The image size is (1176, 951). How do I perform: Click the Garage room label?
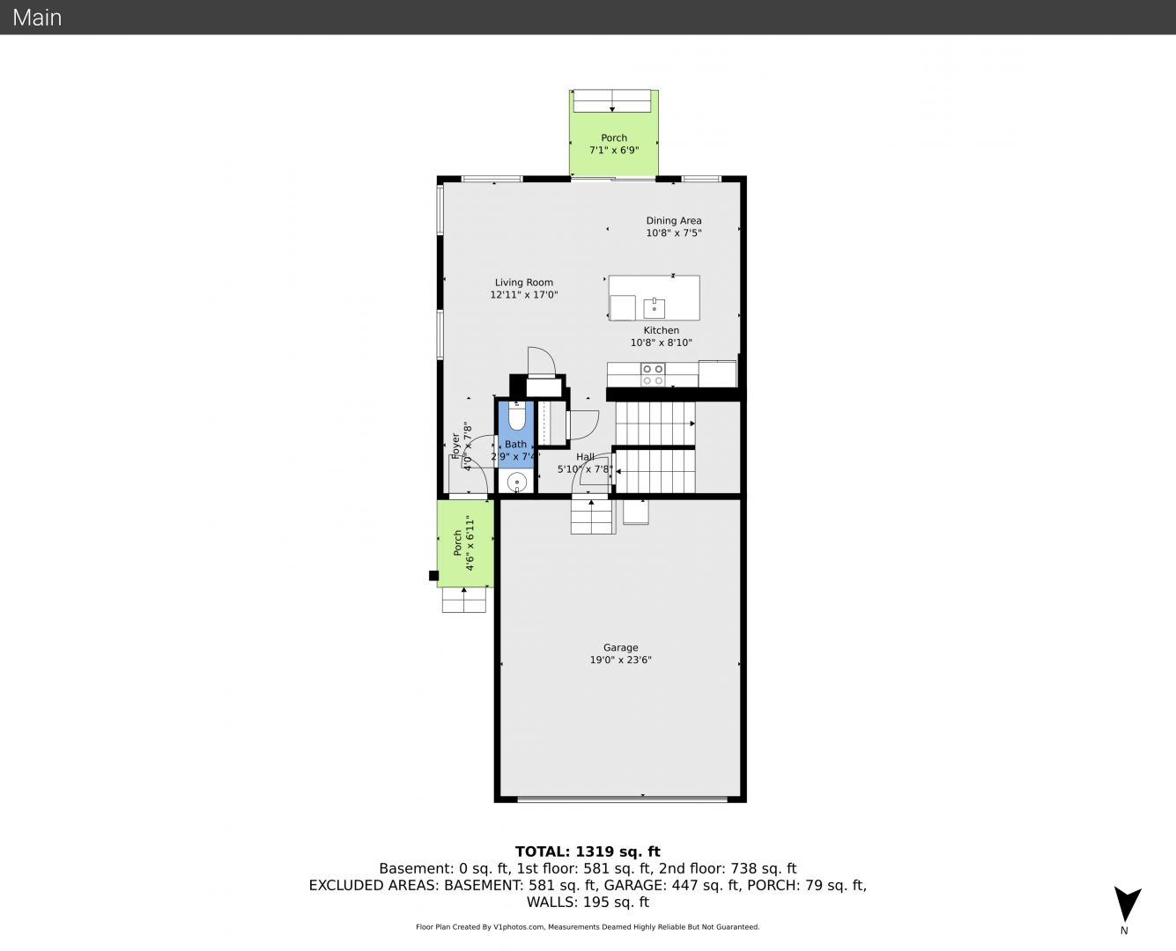tap(620, 647)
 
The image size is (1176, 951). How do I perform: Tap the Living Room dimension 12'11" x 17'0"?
tap(524, 295)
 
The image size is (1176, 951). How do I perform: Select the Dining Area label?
tap(674, 220)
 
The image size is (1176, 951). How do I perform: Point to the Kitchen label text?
tap(661, 330)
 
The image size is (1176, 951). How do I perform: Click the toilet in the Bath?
tap(516, 417)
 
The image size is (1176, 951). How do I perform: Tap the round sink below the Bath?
tap(517, 482)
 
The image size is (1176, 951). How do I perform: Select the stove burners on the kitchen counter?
tap(653, 374)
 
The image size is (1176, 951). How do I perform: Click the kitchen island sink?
tap(655, 308)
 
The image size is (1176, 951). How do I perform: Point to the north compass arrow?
tap(1127, 903)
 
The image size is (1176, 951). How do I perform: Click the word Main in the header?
tap(37, 18)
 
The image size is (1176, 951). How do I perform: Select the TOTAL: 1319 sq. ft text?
tap(588, 851)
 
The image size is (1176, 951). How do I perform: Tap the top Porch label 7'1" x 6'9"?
tap(614, 144)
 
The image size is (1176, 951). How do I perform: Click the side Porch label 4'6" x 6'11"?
tap(463, 543)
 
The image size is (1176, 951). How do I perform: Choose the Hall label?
tap(585, 456)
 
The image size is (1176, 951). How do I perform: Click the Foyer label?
tap(456, 446)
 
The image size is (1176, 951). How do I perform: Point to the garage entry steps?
tap(592, 517)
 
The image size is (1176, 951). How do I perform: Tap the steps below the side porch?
tap(463, 600)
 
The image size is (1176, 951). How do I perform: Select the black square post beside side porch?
tap(434, 576)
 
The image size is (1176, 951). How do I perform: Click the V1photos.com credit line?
tap(588, 926)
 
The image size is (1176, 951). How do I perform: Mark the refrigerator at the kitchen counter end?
tap(717, 373)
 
